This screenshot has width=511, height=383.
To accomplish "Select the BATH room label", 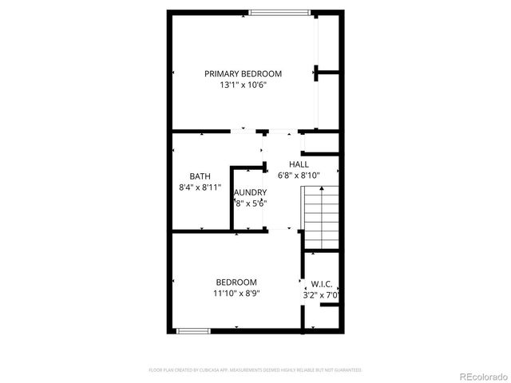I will click(x=200, y=176).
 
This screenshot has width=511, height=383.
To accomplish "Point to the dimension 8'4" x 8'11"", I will click(x=200, y=188).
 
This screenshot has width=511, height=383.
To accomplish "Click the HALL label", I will click(x=299, y=164).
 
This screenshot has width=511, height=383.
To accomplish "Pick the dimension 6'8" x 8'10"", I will click(x=299, y=176).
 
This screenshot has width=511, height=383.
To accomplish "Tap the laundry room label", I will click(x=250, y=192).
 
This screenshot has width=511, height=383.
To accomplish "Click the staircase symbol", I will click(x=321, y=218).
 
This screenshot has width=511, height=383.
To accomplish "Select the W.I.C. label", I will click(x=322, y=283).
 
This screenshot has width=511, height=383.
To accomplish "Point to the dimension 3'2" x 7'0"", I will click(x=322, y=294).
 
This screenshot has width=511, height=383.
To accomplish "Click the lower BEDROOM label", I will click(x=236, y=282).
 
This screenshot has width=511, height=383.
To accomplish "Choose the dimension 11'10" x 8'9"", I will click(x=236, y=293).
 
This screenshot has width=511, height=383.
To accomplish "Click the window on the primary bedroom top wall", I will click(x=276, y=12).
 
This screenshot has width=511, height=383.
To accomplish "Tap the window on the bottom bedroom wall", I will click(x=193, y=330).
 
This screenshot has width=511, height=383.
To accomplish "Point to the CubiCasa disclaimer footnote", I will click(x=255, y=370).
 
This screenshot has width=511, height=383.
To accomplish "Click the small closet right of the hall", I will click(x=322, y=144).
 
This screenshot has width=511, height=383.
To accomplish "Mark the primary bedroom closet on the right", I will click(x=328, y=72).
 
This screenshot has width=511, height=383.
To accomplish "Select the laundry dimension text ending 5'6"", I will click(x=250, y=203).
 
